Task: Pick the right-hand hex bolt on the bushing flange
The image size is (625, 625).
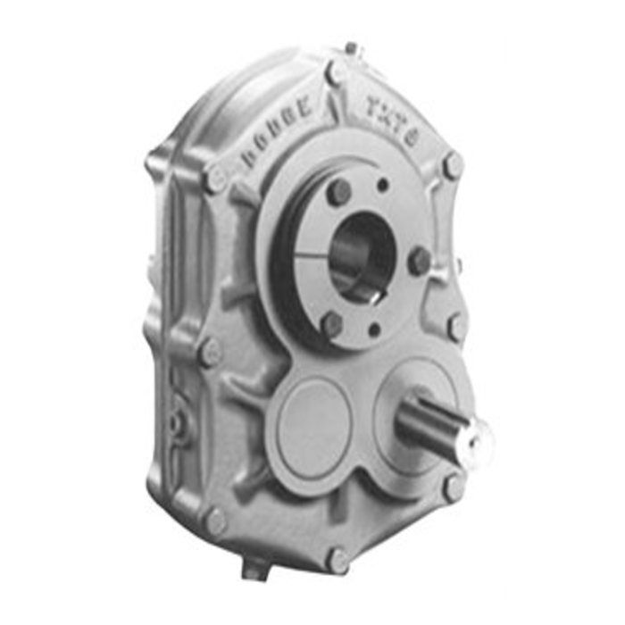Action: pos(418,261)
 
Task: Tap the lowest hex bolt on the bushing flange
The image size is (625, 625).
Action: pos(332,323)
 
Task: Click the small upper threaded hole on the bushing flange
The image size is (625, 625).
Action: pos(381,187)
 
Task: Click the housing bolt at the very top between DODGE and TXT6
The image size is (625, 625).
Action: pos(336,72)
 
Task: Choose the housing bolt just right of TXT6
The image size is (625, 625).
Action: pos(453,166)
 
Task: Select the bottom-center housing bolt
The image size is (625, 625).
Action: pos(337,561)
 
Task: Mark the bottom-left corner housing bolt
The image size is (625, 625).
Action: pos(215,521)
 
